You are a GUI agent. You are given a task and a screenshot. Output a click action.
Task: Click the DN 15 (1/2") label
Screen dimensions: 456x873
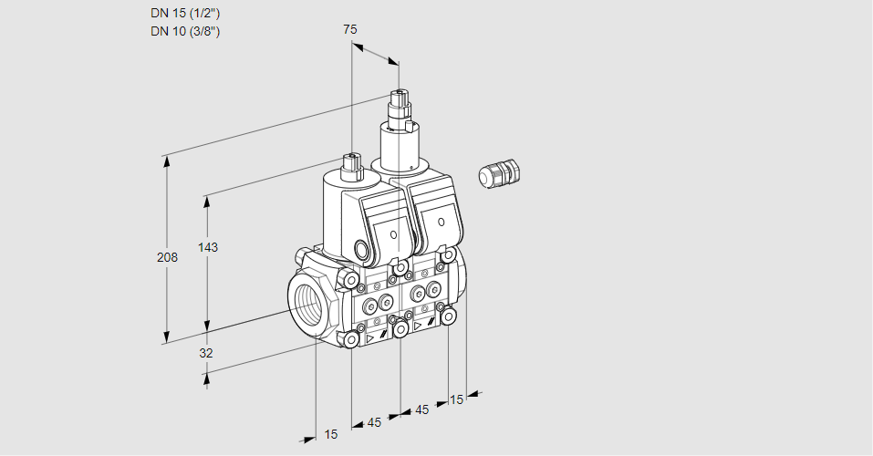pyautogui.click(x=185, y=13)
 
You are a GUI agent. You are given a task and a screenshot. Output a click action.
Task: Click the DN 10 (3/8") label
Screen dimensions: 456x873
pyautogui.click(x=185, y=31)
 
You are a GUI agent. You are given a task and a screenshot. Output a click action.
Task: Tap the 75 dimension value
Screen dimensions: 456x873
pyautogui.click(x=349, y=29)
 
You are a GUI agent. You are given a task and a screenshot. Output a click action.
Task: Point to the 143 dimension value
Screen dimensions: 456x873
pyautogui.click(x=208, y=247)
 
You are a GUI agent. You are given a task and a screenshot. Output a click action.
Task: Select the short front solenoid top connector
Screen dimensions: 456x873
pyautogui.click(x=351, y=165)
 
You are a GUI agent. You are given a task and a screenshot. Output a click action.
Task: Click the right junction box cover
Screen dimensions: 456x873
pyautogui.click(x=438, y=219)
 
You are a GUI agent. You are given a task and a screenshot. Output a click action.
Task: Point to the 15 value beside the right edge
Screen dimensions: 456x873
pyautogui.click(x=457, y=399)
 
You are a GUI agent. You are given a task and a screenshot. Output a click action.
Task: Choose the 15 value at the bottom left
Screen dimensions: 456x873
pyautogui.click(x=330, y=434)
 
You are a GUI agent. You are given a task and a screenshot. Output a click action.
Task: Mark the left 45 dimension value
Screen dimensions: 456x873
pyautogui.click(x=374, y=422)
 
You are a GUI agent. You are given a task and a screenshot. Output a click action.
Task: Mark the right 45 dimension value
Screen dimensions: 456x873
pyautogui.click(x=422, y=409)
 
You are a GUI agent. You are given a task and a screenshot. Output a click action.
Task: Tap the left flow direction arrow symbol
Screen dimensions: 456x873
pyautogui.click(x=369, y=337)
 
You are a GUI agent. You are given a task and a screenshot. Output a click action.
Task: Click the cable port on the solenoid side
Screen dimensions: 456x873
pyautogui.click(x=360, y=249)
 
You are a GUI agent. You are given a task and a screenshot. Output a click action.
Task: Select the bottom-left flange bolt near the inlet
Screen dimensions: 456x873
pyautogui.click(x=351, y=339)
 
